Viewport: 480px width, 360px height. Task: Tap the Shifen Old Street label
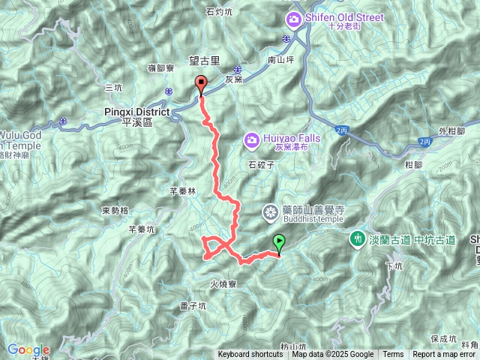tap(346, 17)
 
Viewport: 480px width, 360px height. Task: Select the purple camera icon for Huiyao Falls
tap(251, 139)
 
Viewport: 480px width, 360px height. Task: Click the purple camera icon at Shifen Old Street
tap(293, 18)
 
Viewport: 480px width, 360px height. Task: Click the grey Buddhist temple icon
tap(270, 213)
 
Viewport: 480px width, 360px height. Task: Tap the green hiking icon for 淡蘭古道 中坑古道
tap(357, 239)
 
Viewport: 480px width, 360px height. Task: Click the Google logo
tap(28, 350)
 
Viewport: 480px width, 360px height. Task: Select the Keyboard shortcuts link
tap(250, 355)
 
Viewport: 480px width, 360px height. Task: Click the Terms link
tap(393, 355)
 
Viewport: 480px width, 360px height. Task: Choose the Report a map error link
tap(444, 355)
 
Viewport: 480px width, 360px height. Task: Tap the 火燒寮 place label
tap(224, 284)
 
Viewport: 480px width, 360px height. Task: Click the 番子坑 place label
tap(193, 306)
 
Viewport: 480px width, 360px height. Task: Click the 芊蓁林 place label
tap(182, 191)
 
